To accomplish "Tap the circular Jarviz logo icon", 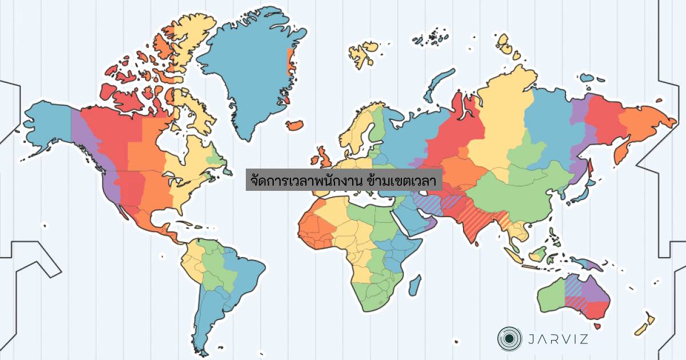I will click(x=507, y=339).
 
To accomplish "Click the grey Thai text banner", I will click(x=344, y=179).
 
